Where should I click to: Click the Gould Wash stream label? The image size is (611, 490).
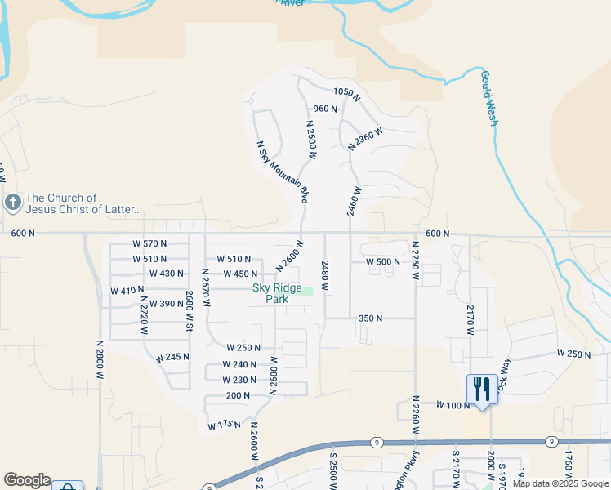[488, 98]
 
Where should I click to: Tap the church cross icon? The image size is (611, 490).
[12, 203]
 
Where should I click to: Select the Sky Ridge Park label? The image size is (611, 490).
[270, 293]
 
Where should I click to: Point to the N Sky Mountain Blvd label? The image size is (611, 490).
[283, 171]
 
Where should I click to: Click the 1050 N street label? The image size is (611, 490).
[347, 93]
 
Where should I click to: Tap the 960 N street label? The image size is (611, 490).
[325, 109]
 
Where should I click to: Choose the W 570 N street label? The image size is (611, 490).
[149, 243]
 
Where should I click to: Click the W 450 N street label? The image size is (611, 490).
[240, 274]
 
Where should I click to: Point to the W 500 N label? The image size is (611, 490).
[383, 261]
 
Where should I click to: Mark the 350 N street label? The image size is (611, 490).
[371, 318]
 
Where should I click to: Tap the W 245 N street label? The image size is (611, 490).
[172, 358]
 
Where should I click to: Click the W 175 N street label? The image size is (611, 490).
[224, 425]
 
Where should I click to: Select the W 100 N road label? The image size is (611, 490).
[450, 405]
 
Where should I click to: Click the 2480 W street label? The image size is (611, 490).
[325, 276]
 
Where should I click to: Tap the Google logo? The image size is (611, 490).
[27, 480]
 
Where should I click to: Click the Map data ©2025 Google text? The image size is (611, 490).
[560, 483]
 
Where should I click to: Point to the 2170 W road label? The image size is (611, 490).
[471, 319]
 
